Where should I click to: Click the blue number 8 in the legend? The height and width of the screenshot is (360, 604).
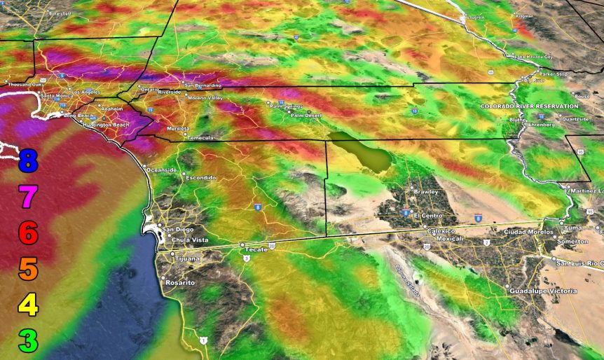pyautogui.click(x=27, y=161)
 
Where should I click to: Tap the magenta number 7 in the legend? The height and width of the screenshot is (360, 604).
pyautogui.click(x=27, y=198)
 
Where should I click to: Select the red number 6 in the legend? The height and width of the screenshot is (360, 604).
pyautogui.click(x=27, y=233)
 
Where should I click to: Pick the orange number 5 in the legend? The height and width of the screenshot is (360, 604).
pyautogui.click(x=27, y=269)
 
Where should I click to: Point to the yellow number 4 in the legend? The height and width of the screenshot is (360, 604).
pyautogui.click(x=27, y=305)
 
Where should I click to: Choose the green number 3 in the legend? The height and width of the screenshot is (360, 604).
pyautogui.click(x=27, y=341)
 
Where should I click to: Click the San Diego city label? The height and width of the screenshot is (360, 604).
pyautogui.click(x=178, y=229)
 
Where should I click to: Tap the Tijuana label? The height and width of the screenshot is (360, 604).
pyautogui.click(x=186, y=258)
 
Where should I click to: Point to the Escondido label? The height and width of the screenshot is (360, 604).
pyautogui.click(x=201, y=178)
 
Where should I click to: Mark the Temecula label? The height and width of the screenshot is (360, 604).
pyautogui.click(x=200, y=138)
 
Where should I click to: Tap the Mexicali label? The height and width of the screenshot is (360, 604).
pyautogui.click(x=451, y=238)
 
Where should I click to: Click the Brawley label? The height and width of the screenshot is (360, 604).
pyautogui.click(x=426, y=191)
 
